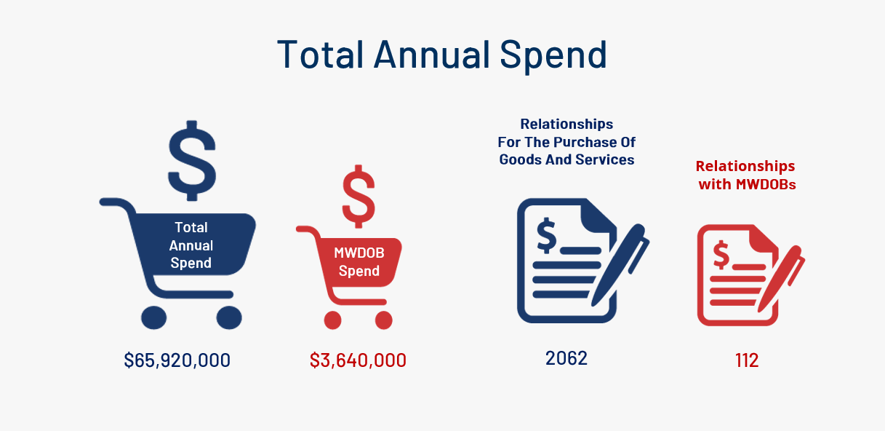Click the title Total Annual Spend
442,55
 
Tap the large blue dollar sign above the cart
192,161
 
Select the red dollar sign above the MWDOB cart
359,197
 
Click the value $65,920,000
177,360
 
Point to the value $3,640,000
358,360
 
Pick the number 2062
566,358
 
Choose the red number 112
747,360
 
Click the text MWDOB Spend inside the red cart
359,262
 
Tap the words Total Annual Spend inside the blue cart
191,245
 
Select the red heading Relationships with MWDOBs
746,175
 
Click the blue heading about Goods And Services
566,142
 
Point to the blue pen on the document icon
620,266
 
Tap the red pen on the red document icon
781,279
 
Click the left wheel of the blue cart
154,317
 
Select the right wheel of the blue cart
229,317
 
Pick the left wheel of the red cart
332,320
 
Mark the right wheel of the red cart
384,320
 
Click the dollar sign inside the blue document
547,236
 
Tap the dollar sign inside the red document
721,255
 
